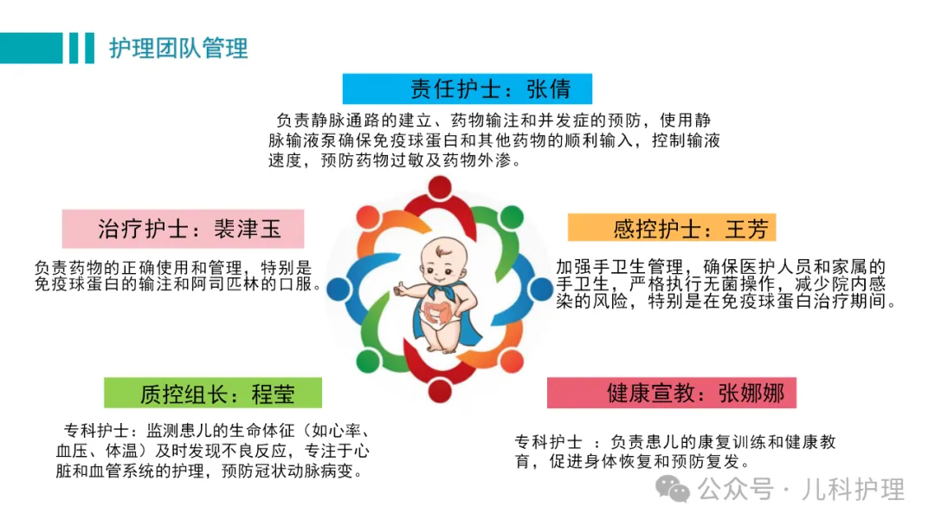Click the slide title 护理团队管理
(x=178, y=49)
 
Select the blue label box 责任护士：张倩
(x=467, y=89)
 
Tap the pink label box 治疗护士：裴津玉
(x=183, y=229)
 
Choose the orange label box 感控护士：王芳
(x=672, y=227)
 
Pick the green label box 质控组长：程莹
(x=213, y=393)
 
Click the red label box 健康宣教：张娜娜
(x=672, y=393)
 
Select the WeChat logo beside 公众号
(x=673, y=490)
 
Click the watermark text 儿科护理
(x=853, y=490)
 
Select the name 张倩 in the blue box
(x=549, y=89)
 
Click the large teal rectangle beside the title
(x=31, y=48)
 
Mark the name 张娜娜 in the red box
(x=751, y=394)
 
